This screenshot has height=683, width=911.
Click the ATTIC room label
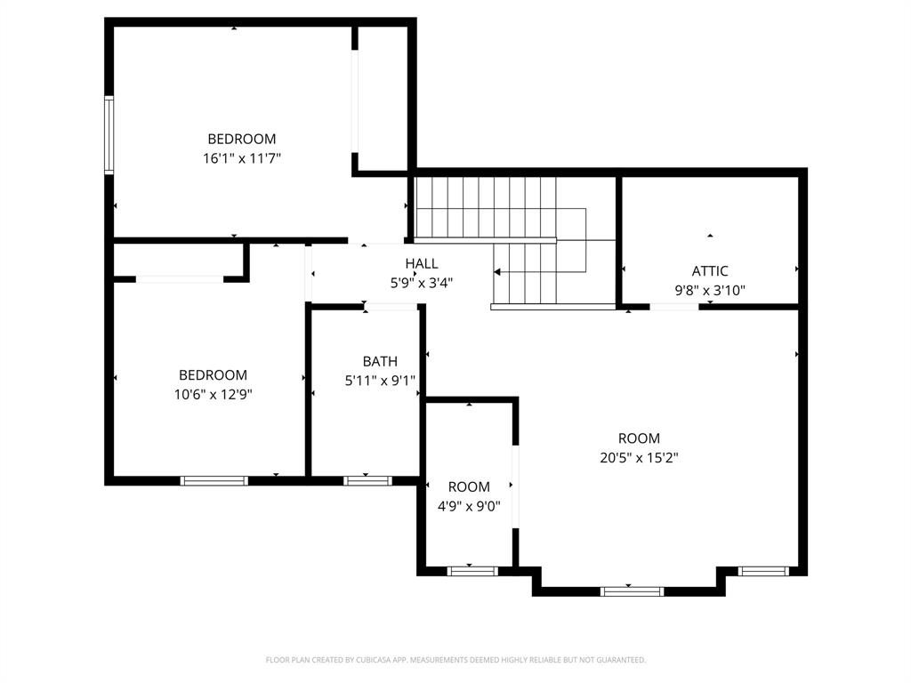click(x=710, y=271)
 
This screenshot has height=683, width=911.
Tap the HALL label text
click(x=422, y=264)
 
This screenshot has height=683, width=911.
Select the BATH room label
click(x=380, y=361)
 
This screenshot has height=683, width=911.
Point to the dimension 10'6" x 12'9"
click(x=214, y=395)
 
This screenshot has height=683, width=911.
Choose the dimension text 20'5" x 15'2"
click(x=639, y=458)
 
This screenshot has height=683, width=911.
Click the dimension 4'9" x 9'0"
click(x=469, y=506)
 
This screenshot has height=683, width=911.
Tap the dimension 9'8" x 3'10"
click(x=710, y=290)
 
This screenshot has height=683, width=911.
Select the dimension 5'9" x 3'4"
click(x=422, y=283)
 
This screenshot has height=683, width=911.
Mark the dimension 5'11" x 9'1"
click(x=380, y=381)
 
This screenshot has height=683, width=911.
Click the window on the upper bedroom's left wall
click(x=109, y=134)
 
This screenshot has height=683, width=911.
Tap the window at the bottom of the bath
click(x=367, y=481)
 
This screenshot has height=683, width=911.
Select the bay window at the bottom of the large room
click(x=632, y=591)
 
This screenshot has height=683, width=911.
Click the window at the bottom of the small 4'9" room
click(x=472, y=571)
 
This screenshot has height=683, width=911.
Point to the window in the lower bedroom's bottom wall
click(x=214, y=481)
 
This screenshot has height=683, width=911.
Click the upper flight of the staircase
click(x=486, y=207)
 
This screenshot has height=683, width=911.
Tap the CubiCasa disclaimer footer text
click(x=455, y=660)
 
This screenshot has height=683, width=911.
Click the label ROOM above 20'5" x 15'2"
click(x=639, y=438)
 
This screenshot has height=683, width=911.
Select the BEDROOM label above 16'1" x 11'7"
click(x=241, y=139)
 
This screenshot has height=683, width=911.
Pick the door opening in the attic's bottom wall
click(x=673, y=307)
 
